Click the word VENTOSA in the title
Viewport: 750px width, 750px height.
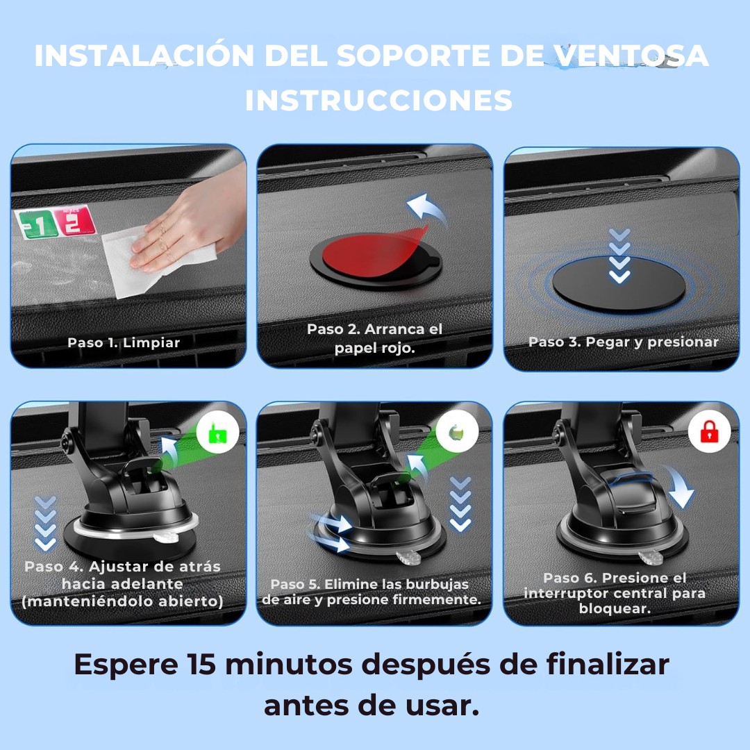click(x=632, y=56)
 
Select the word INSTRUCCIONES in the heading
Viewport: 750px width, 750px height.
click(x=378, y=101)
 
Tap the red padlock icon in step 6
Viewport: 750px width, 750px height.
click(x=709, y=431)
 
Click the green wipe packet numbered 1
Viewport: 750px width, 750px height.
click(x=36, y=224)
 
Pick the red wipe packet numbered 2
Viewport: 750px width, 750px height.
click(x=73, y=221)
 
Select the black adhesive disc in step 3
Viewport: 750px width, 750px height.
click(x=619, y=283)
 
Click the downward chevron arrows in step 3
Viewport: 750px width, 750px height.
click(x=619, y=256)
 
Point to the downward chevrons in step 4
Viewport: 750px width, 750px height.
click(x=45, y=524)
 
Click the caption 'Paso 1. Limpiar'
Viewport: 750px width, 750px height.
click(x=124, y=342)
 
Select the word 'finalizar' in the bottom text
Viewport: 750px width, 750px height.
click(x=608, y=665)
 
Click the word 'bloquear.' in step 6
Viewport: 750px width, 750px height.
click(x=615, y=608)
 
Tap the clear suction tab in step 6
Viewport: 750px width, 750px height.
click(x=651, y=557)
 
